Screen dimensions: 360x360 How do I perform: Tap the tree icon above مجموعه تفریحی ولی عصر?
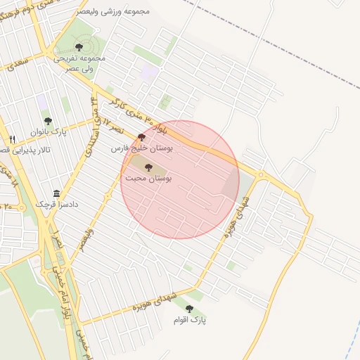pos(78,47)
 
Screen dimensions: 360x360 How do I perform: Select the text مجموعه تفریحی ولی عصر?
pos(79,63)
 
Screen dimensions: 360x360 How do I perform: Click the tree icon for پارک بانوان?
pos(48,121)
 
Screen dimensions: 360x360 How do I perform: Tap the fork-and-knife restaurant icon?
pos(12,139)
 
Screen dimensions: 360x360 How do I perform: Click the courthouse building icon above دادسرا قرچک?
pos(56,193)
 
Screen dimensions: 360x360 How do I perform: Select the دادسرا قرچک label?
pos(56,204)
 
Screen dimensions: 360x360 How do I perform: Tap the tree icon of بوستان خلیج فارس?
pos(142,138)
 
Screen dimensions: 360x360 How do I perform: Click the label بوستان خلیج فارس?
pos(145,148)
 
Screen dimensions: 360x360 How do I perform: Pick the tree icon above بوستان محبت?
pos(148,167)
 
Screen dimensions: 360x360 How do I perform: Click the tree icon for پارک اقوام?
pos(188,309)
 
